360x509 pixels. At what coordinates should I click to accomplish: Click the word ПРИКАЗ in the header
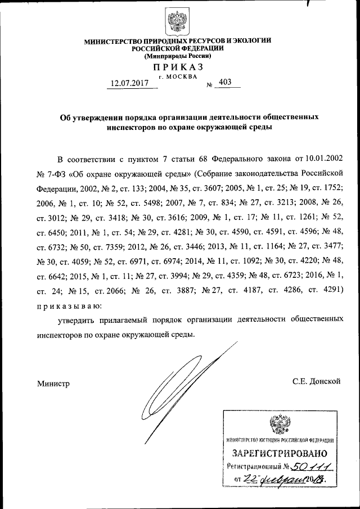click(178, 67)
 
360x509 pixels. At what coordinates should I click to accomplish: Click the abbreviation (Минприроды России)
click(178, 56)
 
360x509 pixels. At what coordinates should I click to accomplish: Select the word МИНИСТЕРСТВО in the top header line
click(110, 41)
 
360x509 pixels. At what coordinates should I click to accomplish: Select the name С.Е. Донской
click(317, 381)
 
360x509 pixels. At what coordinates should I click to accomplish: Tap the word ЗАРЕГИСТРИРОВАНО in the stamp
click(280, 453)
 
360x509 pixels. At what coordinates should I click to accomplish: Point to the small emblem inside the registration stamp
click(280, 424)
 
